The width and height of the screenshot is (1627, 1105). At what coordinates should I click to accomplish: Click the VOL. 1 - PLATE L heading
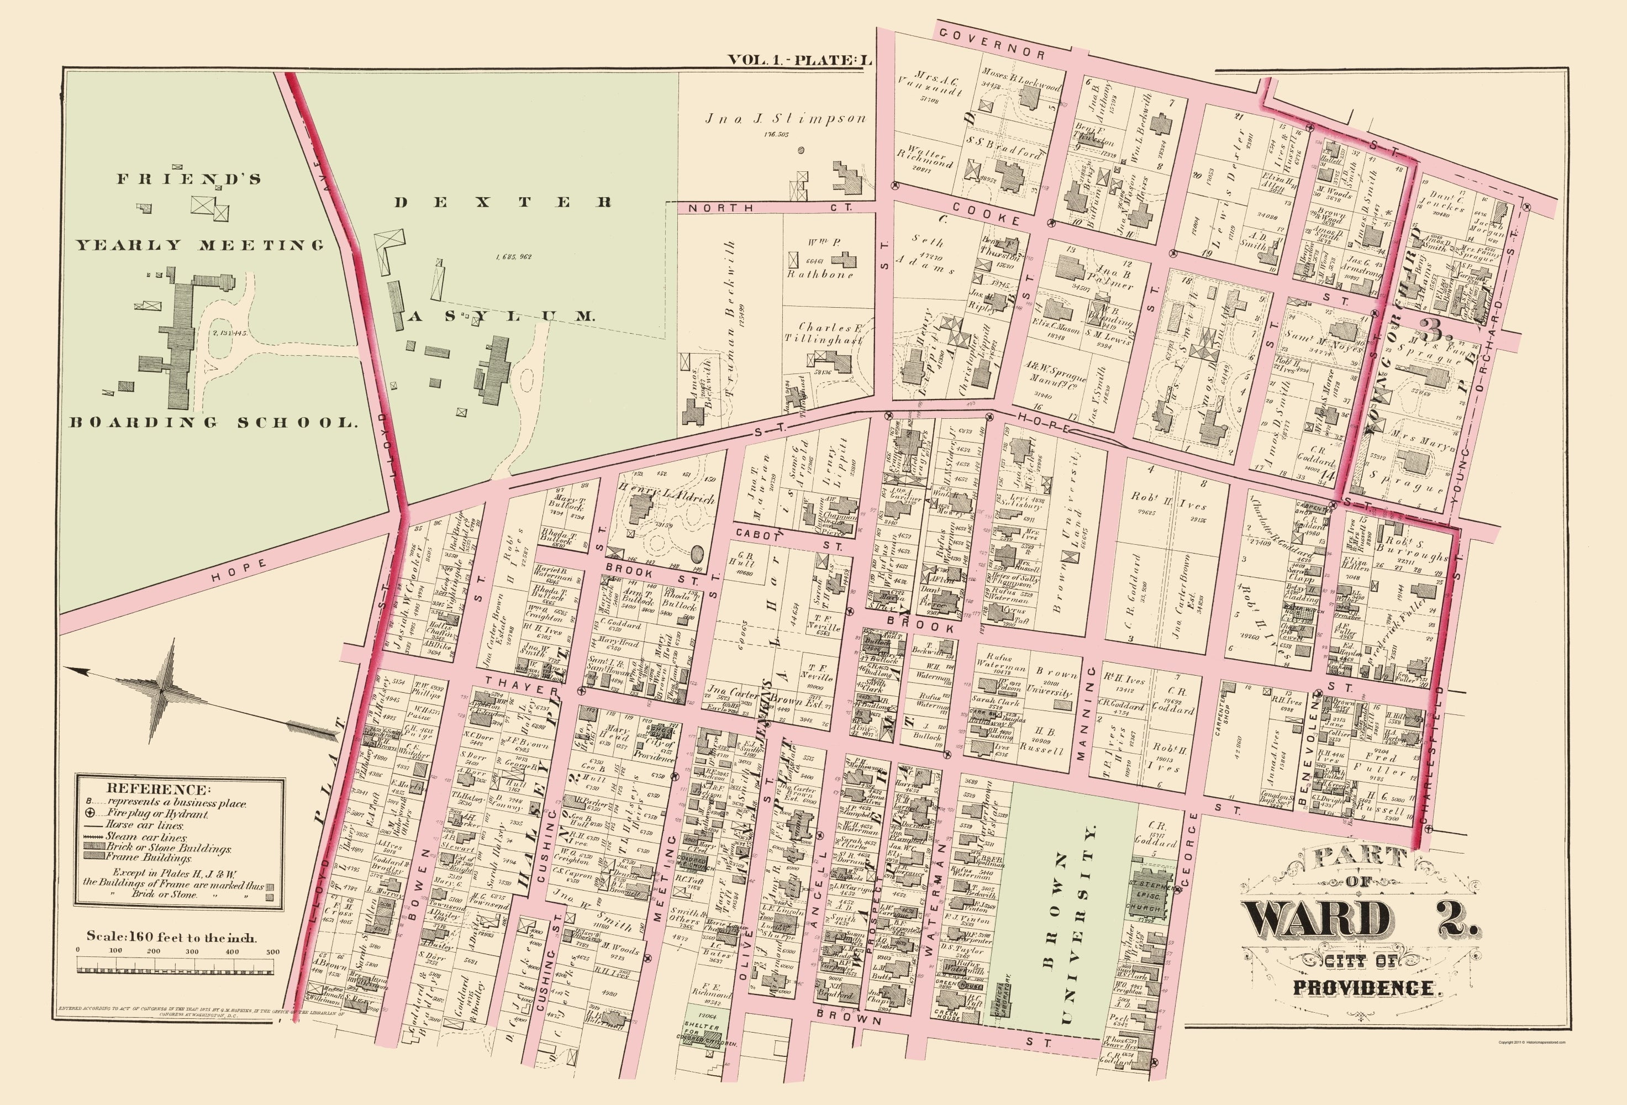pos(800,60)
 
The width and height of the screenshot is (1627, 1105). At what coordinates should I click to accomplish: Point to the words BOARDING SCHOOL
pos(213,422)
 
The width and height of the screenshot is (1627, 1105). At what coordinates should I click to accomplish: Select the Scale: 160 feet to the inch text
pos(171,937)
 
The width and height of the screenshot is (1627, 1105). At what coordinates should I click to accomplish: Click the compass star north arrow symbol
pos(162,690)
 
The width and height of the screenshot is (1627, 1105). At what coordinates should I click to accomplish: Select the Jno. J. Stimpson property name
pos(785,119)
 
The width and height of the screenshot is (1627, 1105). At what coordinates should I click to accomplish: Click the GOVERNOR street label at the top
pos(992,44)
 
